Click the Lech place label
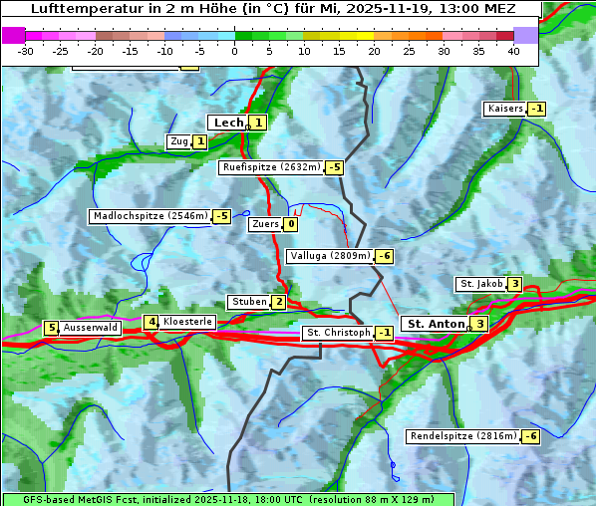[x=227, y=123]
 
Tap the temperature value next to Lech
[x=258, y=123]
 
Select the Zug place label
[x=178, y=141]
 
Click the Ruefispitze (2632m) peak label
[x=271, y=167]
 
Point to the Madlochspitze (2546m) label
[x=149, y=216]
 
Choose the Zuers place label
[x=264, y=224]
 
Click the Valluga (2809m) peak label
[x=330, y=256]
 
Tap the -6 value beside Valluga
[x=385, y=256]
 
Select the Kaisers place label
[x=504, y=109]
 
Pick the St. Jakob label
[x=480, y=284]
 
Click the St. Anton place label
[x=436, y=324]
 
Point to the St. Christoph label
[x=338, y=333]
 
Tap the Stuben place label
[x=248, y=302]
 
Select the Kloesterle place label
[x=187, y=322]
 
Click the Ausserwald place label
[x=91, y=327]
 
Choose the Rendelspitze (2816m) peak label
[x=463, y=436]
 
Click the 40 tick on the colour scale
[x=513, y=50]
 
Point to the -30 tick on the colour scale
[x=26, y=50]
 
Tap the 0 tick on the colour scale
[x=235, y=50]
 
